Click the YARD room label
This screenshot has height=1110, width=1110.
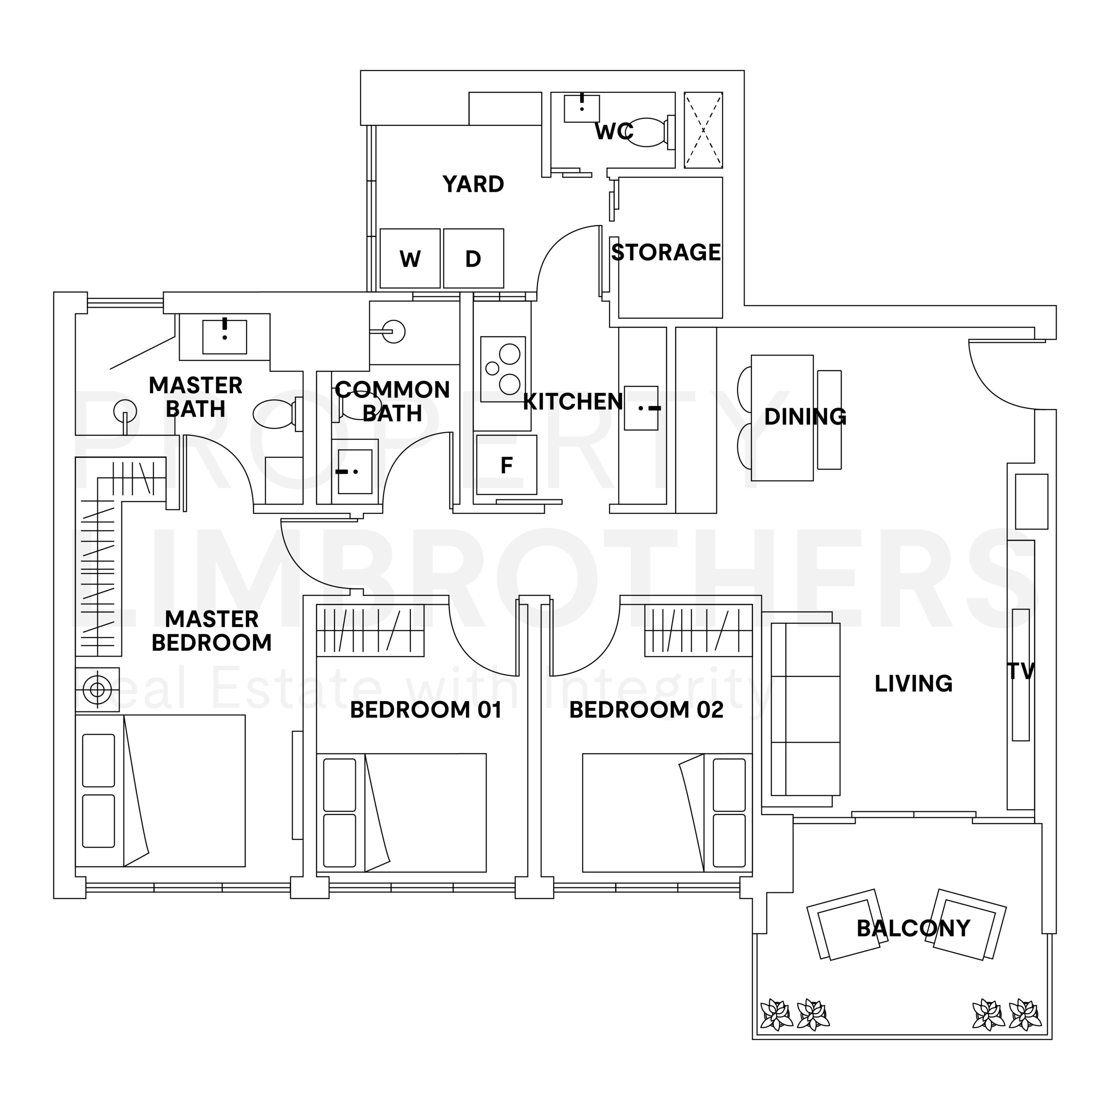473,184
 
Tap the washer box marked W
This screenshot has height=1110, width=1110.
410,258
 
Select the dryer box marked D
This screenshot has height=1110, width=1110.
473,258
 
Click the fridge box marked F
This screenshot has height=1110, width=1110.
506,465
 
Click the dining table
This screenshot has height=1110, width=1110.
782,418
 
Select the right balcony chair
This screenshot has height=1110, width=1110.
969,924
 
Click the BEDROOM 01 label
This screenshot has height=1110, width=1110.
426,710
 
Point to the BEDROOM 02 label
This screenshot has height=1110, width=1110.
646,710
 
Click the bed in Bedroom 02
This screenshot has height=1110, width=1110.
667,813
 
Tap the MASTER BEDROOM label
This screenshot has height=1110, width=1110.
212,631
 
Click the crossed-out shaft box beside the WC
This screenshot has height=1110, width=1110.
703,130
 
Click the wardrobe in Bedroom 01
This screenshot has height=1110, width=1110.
370,630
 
